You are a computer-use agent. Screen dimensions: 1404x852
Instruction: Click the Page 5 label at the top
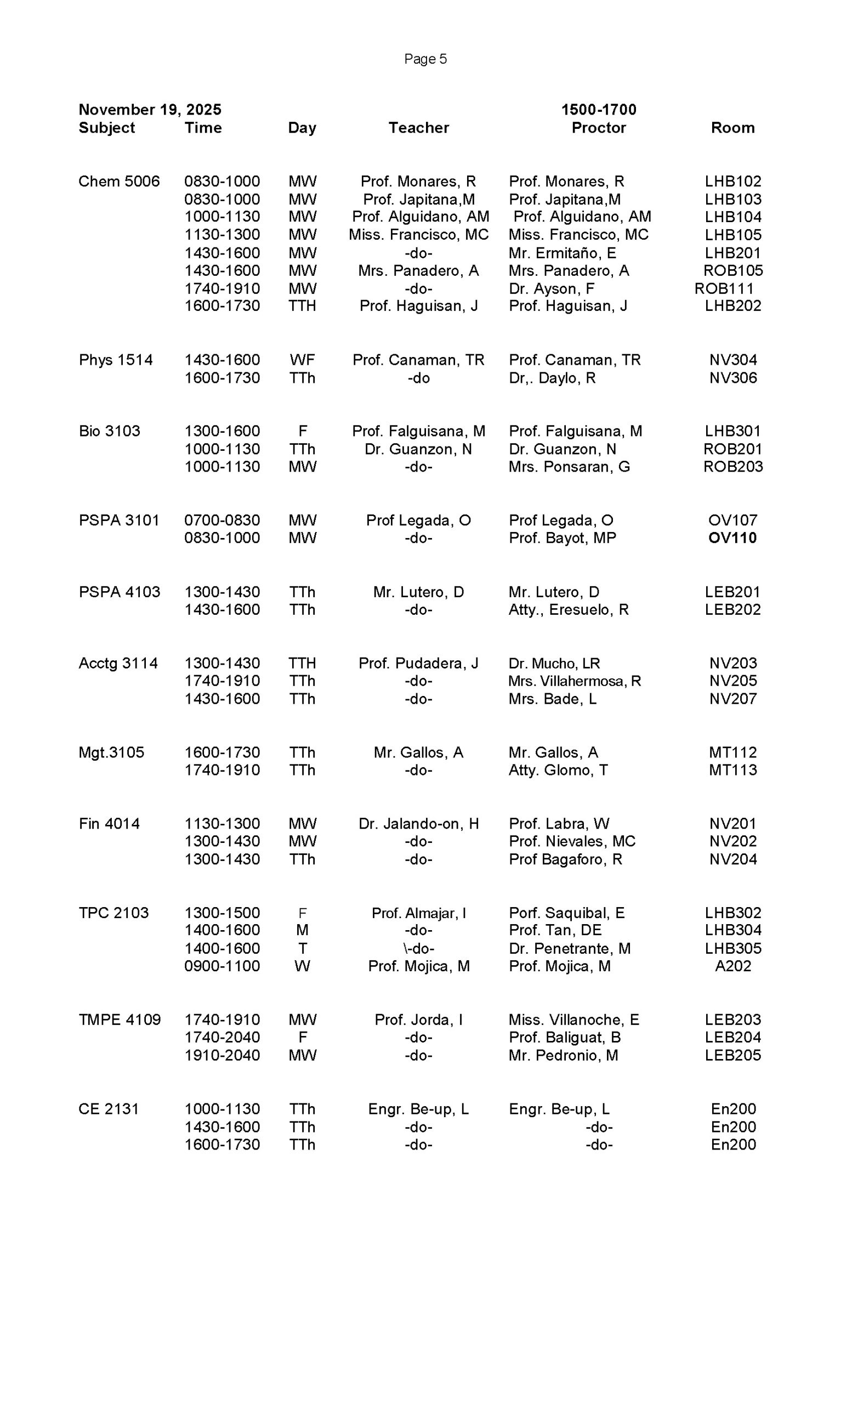425,59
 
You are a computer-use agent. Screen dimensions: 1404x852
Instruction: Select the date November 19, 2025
150,109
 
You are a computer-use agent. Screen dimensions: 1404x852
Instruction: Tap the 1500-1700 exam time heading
598,109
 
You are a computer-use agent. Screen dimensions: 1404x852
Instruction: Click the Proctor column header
598,128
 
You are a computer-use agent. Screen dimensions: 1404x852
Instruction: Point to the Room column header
732,128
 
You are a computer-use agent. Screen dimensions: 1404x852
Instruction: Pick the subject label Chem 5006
119,181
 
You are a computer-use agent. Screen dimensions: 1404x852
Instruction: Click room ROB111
723,288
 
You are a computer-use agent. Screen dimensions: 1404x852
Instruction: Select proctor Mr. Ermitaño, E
562,253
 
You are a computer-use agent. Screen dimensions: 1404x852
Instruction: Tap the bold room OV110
732,538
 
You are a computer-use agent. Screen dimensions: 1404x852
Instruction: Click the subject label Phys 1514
116,360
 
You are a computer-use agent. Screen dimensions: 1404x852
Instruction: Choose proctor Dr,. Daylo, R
552,378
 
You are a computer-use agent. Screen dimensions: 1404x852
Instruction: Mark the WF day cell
302,360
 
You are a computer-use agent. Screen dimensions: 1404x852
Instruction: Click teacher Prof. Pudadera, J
418,663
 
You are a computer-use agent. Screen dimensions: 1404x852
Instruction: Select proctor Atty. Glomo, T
558,770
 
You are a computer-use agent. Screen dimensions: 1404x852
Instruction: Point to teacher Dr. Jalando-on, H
418,823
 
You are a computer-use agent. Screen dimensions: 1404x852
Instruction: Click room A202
732,966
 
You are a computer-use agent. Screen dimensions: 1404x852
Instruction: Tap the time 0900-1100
221,966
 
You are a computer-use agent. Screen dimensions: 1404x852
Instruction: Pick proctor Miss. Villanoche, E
573,1020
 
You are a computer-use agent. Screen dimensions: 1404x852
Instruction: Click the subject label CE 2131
108,1109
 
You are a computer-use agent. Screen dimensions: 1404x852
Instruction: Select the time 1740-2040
221,1037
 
